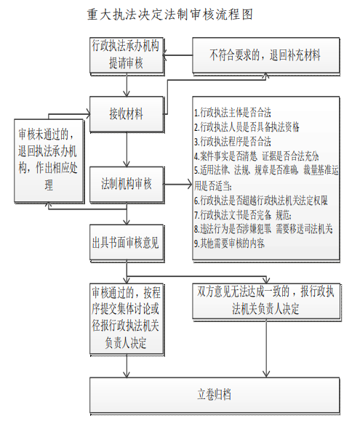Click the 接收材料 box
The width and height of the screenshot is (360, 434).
(126, 113)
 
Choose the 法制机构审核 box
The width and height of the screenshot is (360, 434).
(126, 183)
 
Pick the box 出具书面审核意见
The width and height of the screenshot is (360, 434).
(126, 241)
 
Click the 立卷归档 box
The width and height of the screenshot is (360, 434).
(215, 395)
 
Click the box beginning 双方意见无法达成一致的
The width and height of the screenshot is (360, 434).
(264, 300)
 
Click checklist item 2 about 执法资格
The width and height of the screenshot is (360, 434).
(247, 126)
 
